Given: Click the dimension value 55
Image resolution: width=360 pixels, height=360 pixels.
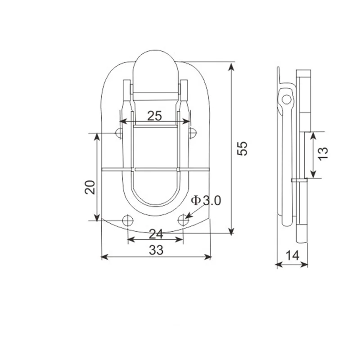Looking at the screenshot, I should (x=243, y=148).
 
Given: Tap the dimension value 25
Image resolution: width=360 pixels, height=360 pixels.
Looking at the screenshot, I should (x=154, y=116).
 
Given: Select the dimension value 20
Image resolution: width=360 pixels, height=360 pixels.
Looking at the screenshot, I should (x=90, y=186).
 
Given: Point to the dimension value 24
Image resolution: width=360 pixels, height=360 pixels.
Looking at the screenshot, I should (x=156, y=234).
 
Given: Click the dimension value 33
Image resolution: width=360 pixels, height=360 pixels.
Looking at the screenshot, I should (x=156, y=251).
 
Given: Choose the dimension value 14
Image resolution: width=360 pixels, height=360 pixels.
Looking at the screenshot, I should (x=292, y=256).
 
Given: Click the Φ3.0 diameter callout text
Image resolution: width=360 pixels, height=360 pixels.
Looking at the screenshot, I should (x=206, y=201).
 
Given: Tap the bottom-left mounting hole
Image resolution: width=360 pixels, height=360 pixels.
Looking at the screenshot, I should (x=128, y=220).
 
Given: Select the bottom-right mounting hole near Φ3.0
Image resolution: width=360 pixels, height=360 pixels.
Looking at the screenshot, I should (x=183, y=220).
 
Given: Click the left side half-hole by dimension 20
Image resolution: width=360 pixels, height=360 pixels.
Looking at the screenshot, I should (x=119, y=133).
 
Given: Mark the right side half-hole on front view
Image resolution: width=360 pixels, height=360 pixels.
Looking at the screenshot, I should (x=193, y=133).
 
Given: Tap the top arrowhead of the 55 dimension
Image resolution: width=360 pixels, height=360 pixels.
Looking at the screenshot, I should (x=231, y=66).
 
